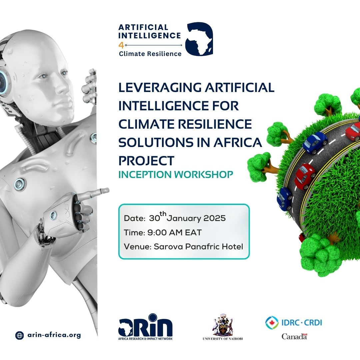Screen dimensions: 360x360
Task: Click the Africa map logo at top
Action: pos(199,39)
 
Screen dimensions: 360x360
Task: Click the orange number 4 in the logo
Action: pos(121,45)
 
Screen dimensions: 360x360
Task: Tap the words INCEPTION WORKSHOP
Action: pos(176,175)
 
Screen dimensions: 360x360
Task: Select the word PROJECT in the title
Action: pos(146,161)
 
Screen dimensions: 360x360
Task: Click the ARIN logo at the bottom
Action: pos(145,327)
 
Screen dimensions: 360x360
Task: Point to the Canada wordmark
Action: pos(294,336)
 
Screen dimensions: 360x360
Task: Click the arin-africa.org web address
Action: pos(54,335)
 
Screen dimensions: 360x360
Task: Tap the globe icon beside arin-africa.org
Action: pos(20,335)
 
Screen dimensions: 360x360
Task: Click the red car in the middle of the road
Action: pos(304,176)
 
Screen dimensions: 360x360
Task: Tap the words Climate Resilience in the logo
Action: pos(150,54)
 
